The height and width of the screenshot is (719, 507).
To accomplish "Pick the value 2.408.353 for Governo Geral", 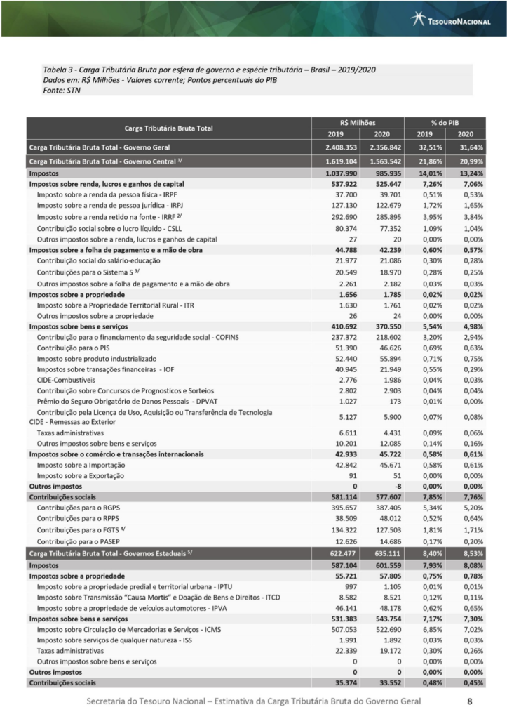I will coord(342,147).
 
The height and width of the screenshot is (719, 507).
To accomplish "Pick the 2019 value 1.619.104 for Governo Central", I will coord(342,161).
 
